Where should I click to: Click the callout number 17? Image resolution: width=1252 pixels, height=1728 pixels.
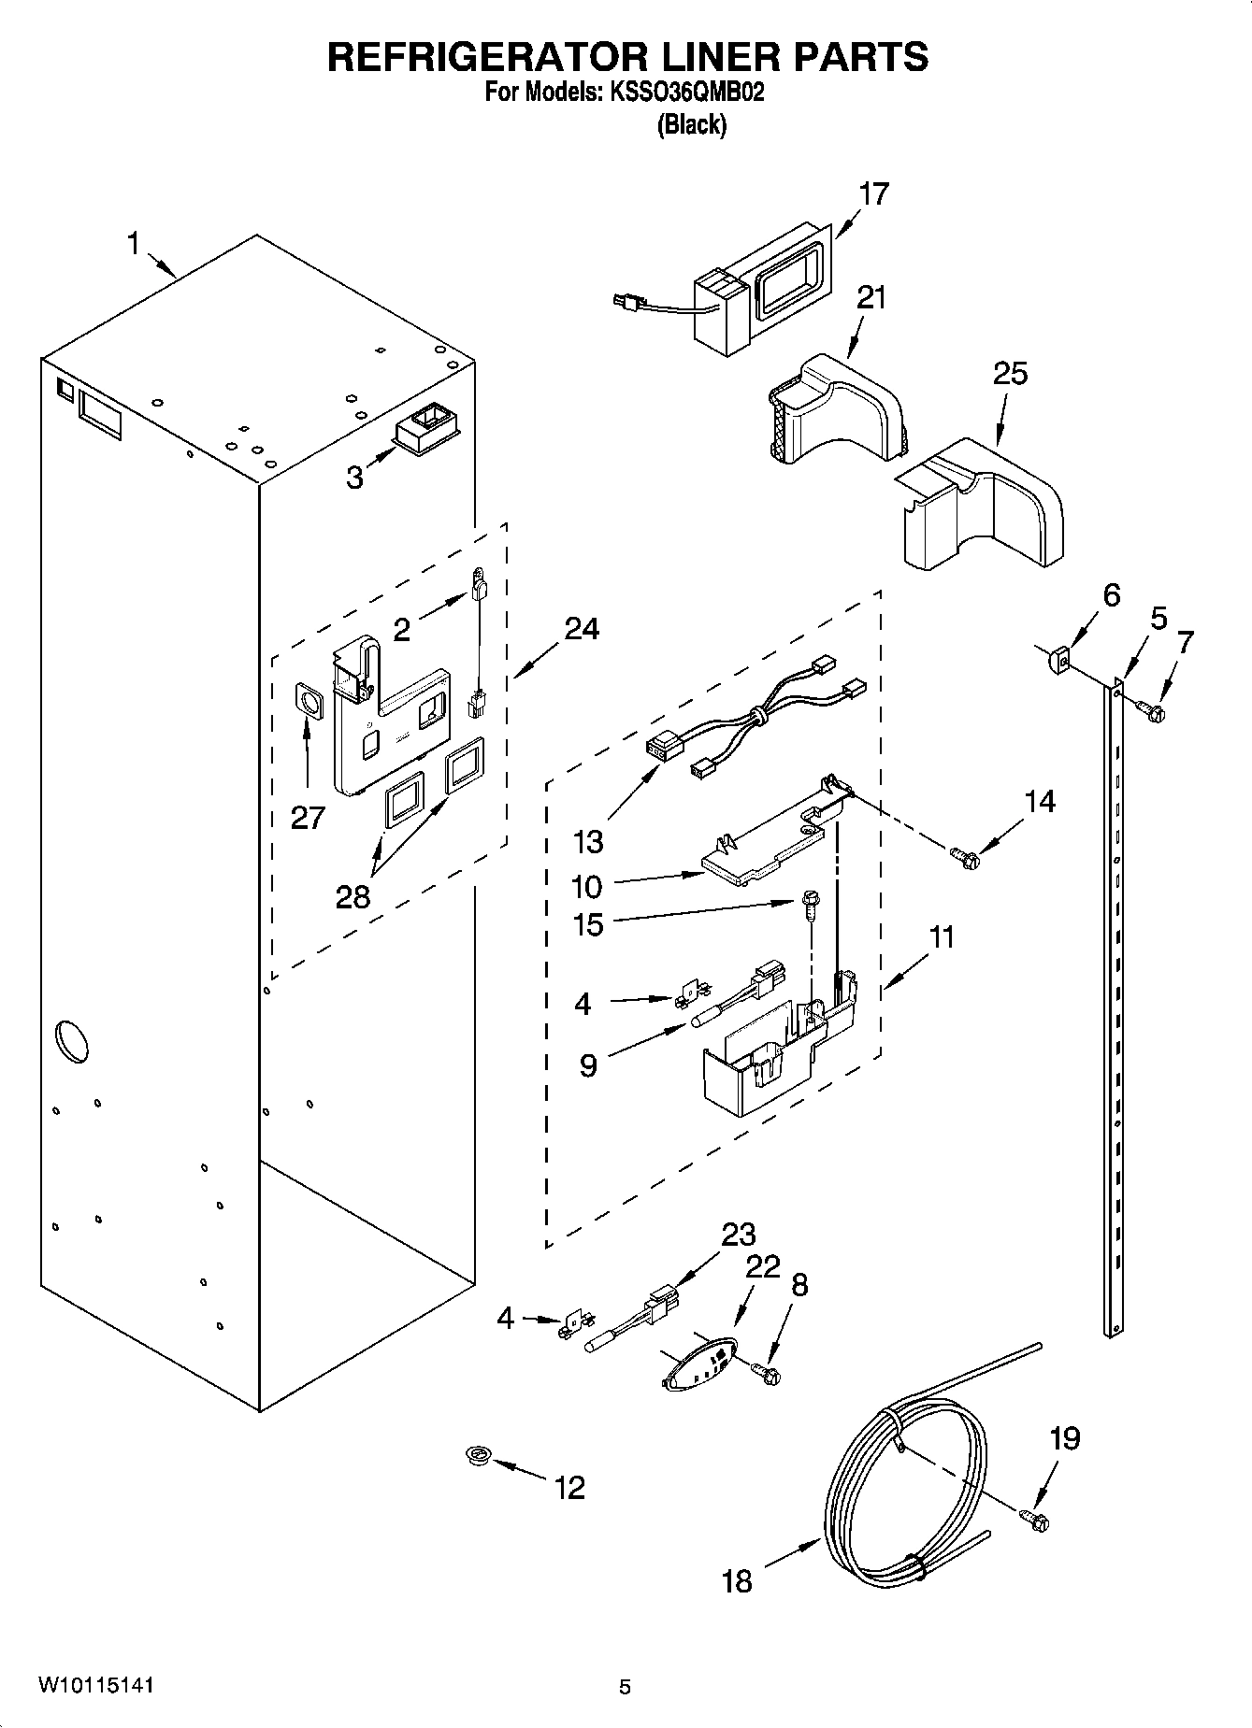873,194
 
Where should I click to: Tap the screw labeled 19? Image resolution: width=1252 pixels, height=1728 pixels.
1034,1521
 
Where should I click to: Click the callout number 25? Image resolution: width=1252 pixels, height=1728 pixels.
1010,373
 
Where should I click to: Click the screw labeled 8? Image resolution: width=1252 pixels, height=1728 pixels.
767,1372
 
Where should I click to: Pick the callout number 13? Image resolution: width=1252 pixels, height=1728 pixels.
588,842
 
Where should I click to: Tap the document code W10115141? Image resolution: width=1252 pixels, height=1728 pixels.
95,1685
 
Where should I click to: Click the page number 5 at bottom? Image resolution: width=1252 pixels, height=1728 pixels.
625,1687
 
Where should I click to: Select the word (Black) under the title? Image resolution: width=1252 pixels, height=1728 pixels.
692,124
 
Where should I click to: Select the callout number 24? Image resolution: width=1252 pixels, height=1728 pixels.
582,629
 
